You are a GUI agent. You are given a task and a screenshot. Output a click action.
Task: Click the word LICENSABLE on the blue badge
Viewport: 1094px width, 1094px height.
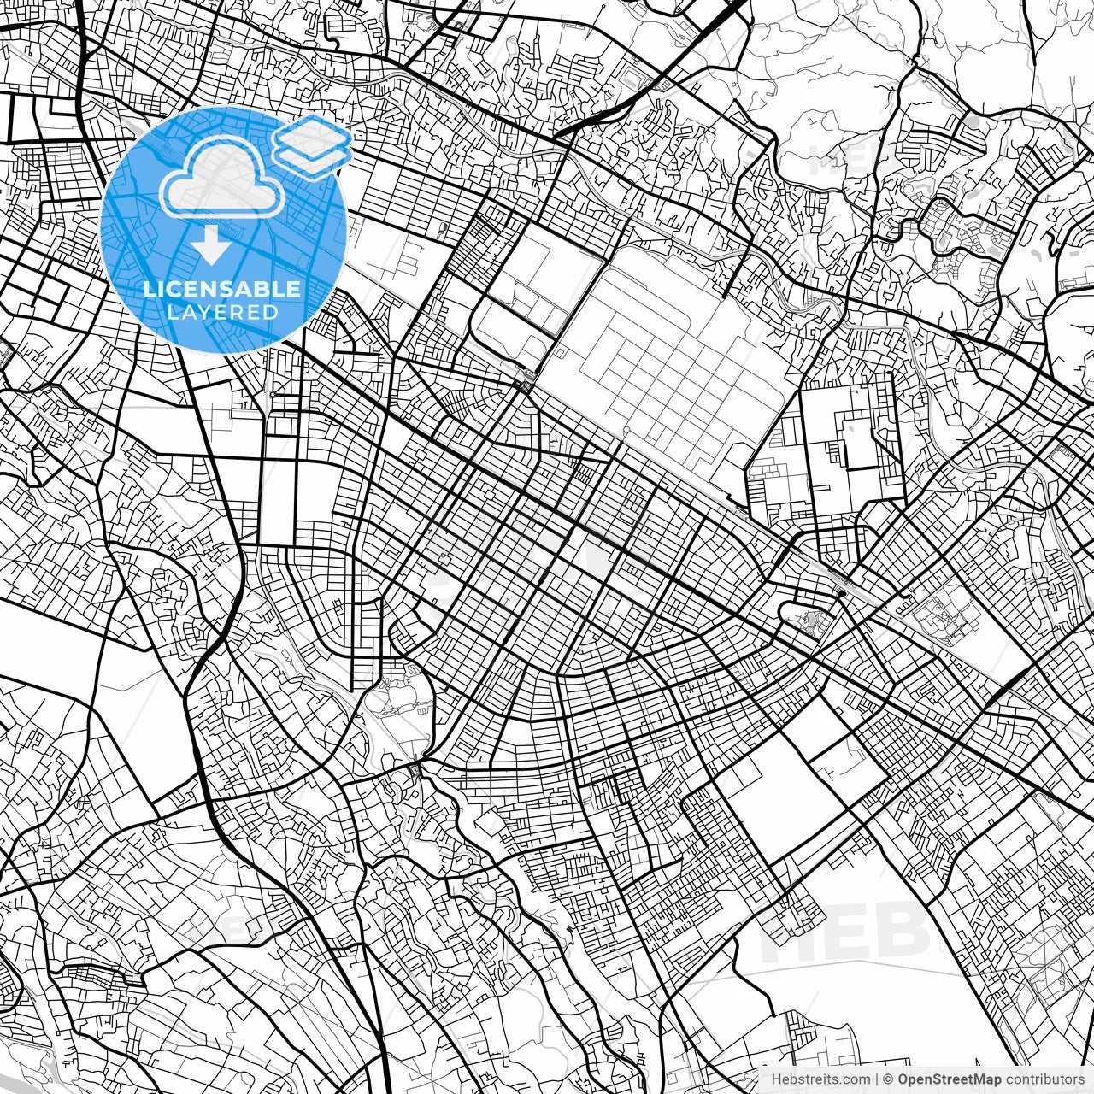pyautogui.click(x=222, y=289)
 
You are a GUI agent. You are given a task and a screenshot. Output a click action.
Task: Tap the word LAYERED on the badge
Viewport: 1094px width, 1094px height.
pyautogui.click(x=223, y=312)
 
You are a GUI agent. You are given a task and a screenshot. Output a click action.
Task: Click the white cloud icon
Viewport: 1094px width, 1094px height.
pyautogui.click(x=222, y=178)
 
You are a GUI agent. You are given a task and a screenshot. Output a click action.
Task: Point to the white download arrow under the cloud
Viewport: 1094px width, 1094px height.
pyautogui.click(x=210, y=246)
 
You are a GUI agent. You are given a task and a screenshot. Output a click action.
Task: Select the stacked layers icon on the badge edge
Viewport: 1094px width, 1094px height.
pyautogui.click(x=313, y=145)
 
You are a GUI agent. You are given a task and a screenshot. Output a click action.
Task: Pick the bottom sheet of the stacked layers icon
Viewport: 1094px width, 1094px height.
pyautogui.click(x=313, y=159)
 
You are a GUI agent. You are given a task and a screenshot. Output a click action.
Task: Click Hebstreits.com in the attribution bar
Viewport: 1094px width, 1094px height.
pyautogui.click(x=821, y=1079)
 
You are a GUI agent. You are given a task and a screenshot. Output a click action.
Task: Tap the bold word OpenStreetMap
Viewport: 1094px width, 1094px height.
pyautogui.click(x=950, y=1079)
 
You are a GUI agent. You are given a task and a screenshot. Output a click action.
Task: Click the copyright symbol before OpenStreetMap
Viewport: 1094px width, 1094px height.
pyautogui.click(x=889, y=1079)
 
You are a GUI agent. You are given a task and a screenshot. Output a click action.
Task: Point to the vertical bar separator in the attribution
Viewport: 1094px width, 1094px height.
pyautogui.click(x=877, y=1079)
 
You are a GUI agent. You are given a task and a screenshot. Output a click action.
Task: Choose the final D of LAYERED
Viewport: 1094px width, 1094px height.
pyautogui.click(x=271, y=312)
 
